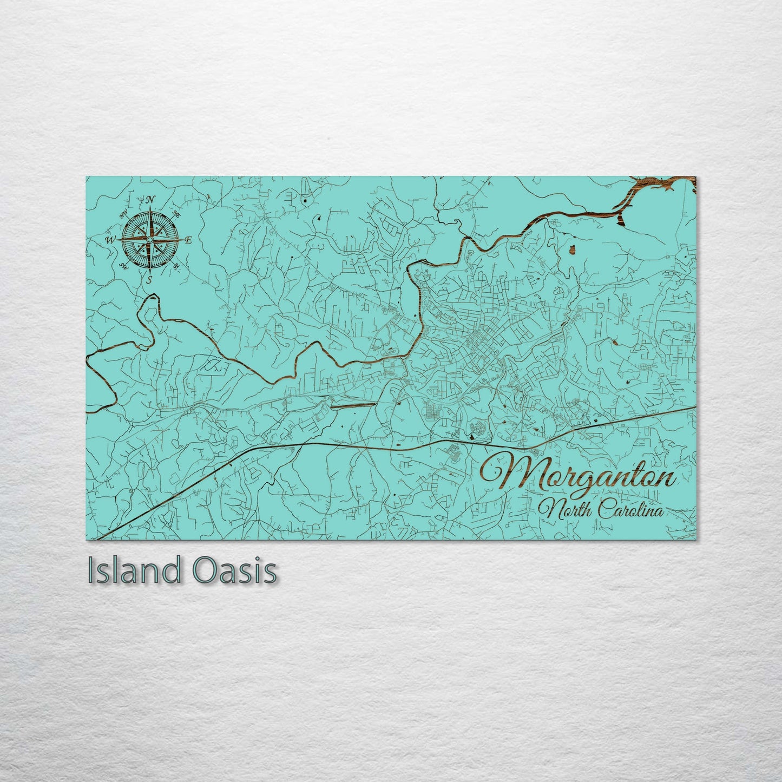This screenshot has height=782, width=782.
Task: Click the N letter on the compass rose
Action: point(151,199)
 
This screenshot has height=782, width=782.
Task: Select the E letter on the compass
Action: point(188,240)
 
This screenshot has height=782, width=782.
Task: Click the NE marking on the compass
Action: point(176,213)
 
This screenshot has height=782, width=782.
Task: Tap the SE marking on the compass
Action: point(176,267)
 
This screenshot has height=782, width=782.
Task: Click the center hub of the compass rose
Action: point(150,239)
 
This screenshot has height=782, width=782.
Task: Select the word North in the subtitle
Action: point(566,509)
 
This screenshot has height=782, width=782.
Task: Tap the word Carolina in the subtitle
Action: point(634,510)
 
